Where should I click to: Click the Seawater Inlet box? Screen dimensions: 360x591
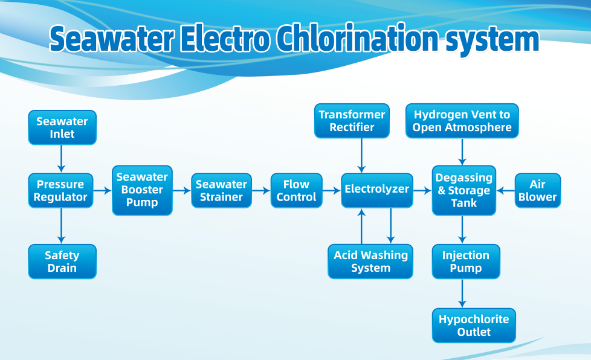(x=62, y=127)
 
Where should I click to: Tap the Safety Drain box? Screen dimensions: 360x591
(x=62, y=262)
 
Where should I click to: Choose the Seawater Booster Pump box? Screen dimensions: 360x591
(x=142, y=190)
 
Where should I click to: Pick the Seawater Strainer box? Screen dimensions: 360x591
(x=221, y=191)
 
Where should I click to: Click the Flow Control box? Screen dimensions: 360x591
(x=296, y=191)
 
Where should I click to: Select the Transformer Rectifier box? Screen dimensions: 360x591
(x=352, y=121)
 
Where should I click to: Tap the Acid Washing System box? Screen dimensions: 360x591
(x=370, y=262)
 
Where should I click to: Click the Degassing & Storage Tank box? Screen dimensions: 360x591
(x=464, y=190)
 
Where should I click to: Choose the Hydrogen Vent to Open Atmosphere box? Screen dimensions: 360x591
(x=462, y=121)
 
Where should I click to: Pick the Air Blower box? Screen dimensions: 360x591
(x=537, y=191)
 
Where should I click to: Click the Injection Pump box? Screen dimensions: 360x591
(x=465, y=262)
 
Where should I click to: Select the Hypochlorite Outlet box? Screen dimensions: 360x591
(x=474, y=326)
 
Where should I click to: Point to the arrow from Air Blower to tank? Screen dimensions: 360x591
(x=505, y=190)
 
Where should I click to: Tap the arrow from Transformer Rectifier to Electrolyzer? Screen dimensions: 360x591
(x=361, y=155)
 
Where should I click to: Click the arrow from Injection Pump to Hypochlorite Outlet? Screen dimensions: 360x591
(x=463, y=294)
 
